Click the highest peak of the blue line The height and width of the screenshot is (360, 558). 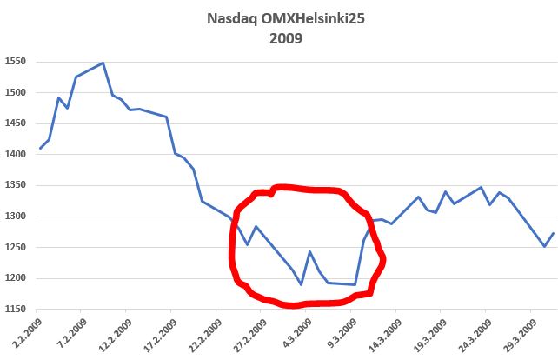pyautogui.click(x=103, y=63)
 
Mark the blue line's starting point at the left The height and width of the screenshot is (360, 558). pyautogui.click(x=40, y=149)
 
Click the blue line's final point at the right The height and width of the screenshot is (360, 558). pyautogui.click(x=554, y=233)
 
